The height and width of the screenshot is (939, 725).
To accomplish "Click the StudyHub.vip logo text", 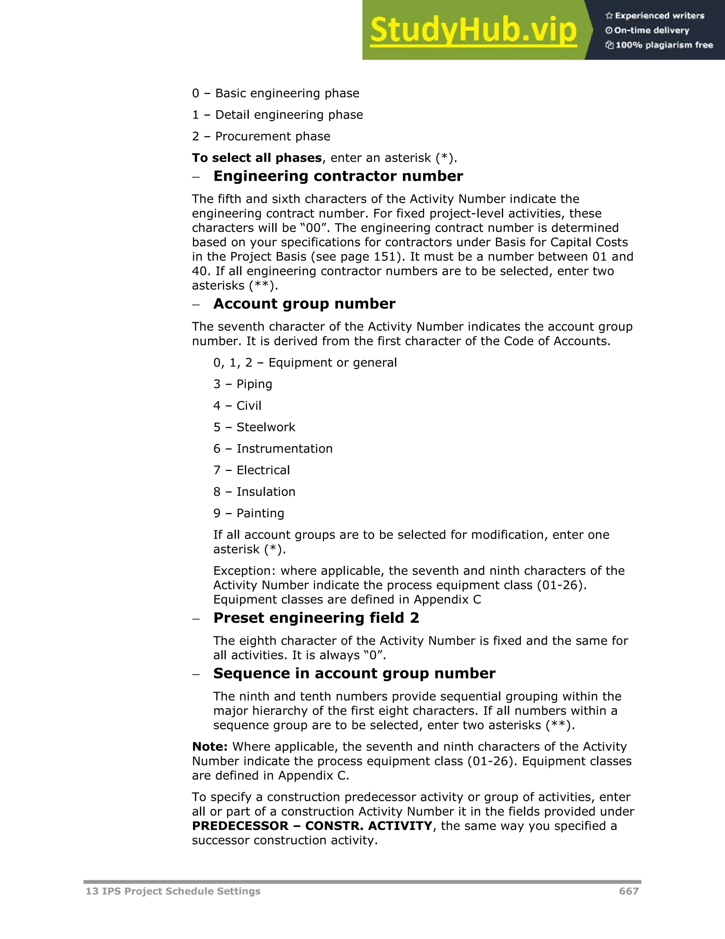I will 473,30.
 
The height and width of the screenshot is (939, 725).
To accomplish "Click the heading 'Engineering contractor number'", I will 338,176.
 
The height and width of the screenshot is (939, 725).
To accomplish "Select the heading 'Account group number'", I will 304,304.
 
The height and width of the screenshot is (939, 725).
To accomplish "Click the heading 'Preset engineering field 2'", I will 316,618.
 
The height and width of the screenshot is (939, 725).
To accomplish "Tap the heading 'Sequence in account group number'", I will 354,673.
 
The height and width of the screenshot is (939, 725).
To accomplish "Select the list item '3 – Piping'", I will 242,384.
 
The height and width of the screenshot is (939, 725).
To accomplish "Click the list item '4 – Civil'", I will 237,405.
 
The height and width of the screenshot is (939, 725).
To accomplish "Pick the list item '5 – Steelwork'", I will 254,427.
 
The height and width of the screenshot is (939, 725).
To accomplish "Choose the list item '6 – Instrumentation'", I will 273,449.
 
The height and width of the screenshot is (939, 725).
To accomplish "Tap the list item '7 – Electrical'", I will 251,470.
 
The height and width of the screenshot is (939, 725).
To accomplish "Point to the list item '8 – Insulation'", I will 254,491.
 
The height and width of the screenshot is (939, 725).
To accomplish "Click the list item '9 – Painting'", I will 249,513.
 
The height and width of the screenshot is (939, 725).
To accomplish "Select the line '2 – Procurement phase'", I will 261,136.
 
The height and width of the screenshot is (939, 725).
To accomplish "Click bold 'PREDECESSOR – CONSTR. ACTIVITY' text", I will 312,826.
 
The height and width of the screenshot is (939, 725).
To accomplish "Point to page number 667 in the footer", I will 629,891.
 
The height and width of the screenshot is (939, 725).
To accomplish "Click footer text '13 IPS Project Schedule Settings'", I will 173,891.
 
